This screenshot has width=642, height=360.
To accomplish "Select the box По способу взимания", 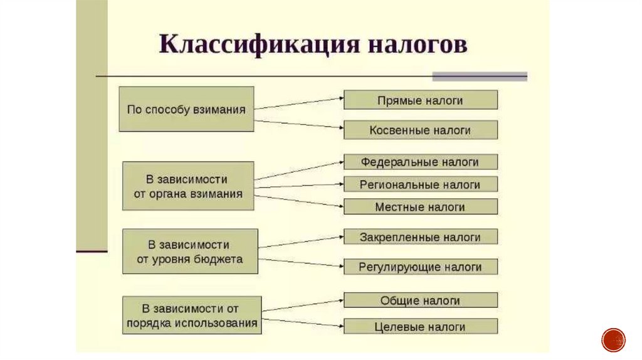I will [x=186, y=109].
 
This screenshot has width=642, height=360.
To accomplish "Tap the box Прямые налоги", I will [x=420, y=100].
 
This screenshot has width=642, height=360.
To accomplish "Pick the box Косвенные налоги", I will [x=420, y=130].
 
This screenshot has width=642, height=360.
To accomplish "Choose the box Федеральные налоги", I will [x=420, y=162].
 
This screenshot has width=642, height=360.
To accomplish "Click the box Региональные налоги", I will [x=420, y=184].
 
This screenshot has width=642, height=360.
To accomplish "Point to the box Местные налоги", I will [x=420, y=206].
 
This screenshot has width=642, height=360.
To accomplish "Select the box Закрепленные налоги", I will [x=420, y=237].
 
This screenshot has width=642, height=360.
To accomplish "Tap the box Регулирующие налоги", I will [x=420, y=267].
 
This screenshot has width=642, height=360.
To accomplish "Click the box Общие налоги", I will [x=420, y=300].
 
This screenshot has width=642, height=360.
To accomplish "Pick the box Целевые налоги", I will [x=420, y=327].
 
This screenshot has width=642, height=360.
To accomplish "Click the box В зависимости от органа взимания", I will [x=188, y=186].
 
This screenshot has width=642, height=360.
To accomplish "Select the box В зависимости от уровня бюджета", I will [x=189, y=251].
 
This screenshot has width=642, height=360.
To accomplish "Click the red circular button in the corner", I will [x=613, y=339].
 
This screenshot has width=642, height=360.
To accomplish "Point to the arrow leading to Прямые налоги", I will [x=298, y=103].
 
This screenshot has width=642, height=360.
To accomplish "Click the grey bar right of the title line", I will [x=480, y=77].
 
